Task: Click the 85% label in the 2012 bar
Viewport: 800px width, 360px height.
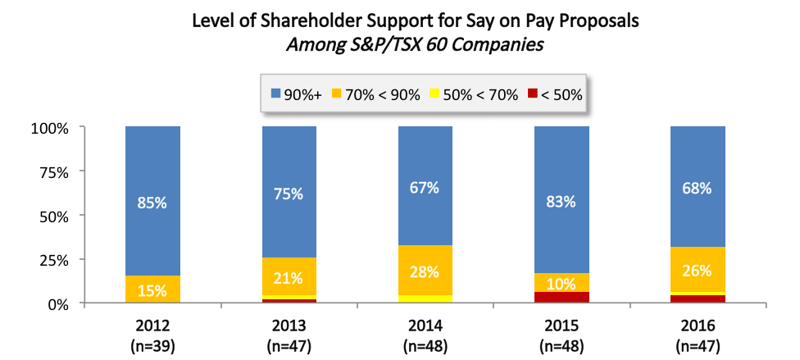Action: point(152,202)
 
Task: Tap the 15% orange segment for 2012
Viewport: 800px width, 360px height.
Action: point(152,289)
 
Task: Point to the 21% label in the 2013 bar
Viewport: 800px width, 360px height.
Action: point(289,278)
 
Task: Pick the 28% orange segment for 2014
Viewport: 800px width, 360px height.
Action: point(425,271)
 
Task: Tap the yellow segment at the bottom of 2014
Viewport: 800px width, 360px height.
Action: point(425,298)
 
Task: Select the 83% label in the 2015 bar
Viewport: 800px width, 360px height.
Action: point(561,200)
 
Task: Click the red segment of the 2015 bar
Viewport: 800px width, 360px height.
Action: point(561,298)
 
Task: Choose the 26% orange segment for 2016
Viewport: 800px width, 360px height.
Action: point(697,269)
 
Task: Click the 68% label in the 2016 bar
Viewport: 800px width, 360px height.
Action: point(697,188)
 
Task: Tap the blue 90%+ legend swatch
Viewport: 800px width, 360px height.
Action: point(275,94)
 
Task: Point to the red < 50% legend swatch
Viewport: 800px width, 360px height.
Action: point(533,94)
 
